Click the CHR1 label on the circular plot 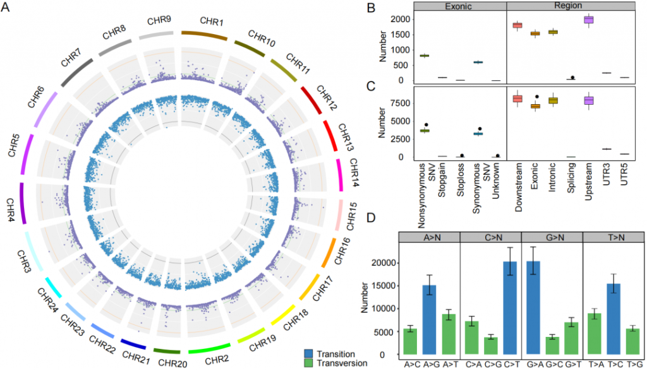coord(212,21)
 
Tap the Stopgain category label coord(442,180)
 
